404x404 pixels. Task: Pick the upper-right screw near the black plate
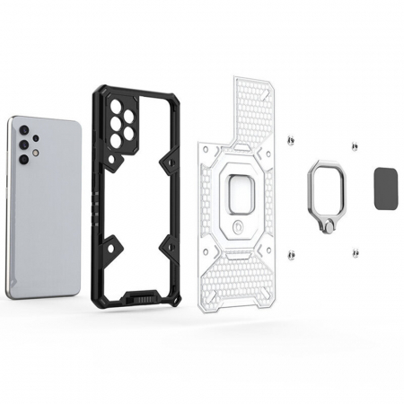point(355,145)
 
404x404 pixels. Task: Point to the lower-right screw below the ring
point(356,259)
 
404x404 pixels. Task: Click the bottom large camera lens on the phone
point(23,159)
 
